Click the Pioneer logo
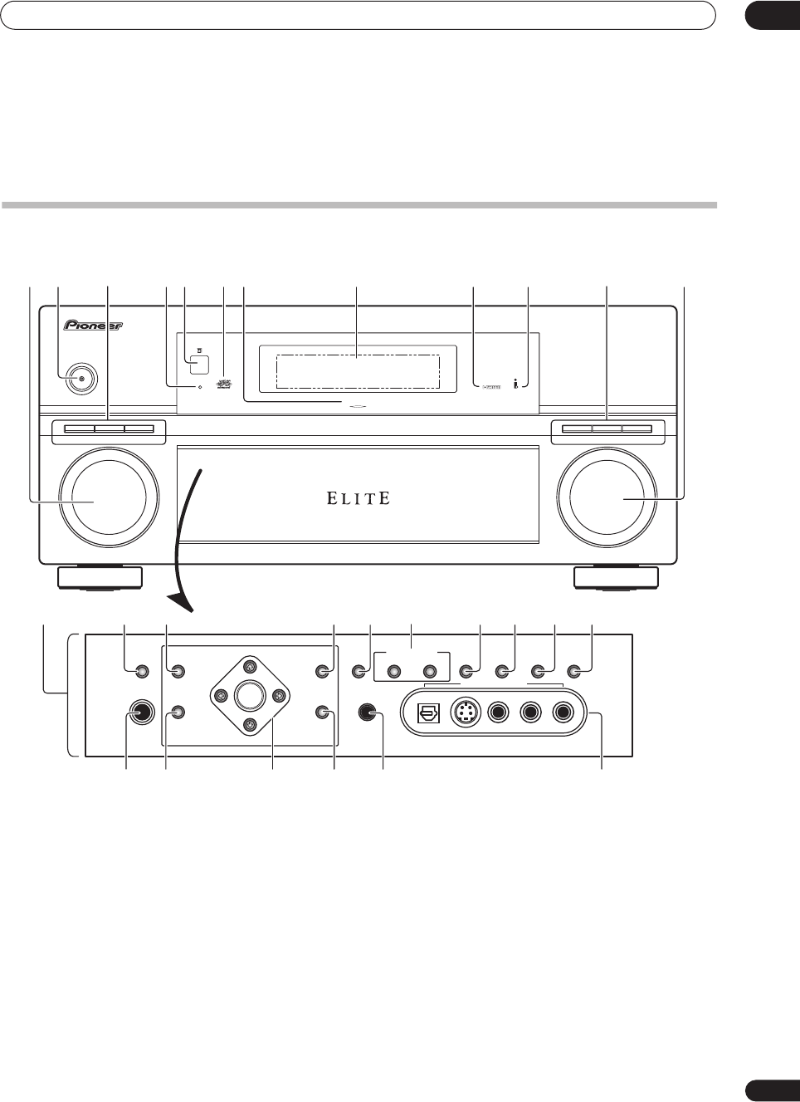click(x=93, y=326)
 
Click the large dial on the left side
click(x=109, y=497)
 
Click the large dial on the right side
click(x=607, y=497)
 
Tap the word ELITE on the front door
click(x=358, y=498)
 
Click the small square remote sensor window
click(x=198, y=364)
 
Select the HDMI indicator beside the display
click(x=491, y=387)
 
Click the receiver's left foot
click(x=100, y=578)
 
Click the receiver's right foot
click(x=616, y=578)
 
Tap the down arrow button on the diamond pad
click(x=249, y=725)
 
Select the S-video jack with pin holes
click(x=466, y=713)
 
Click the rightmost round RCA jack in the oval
click(x=563, y=713)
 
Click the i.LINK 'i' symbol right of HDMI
click(x=516, y=384)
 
